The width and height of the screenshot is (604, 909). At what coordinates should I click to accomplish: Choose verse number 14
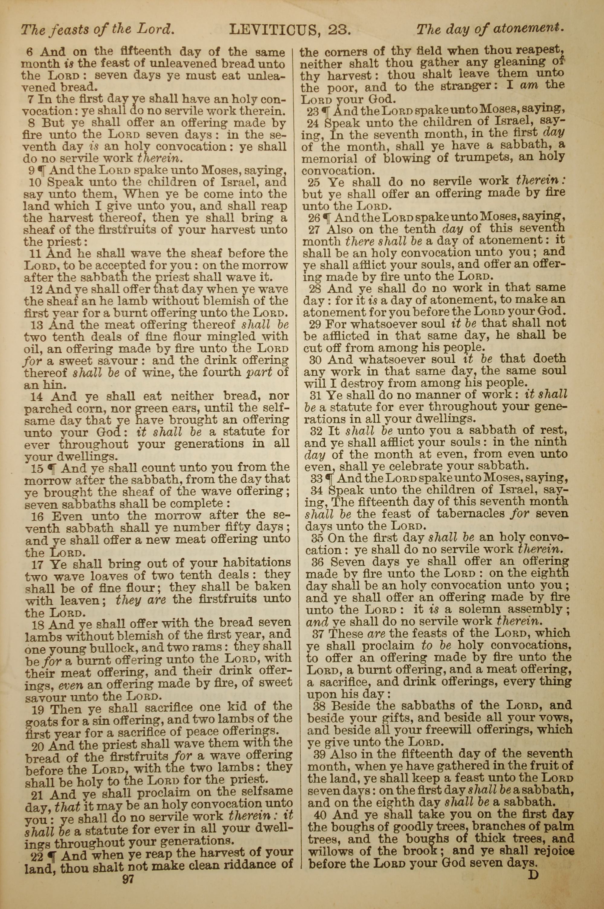(37, 396)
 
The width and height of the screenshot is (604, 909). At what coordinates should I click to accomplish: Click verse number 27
(314, 230)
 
